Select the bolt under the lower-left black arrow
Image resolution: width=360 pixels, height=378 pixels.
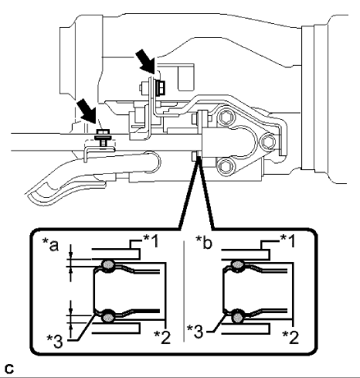[x=101, y=138]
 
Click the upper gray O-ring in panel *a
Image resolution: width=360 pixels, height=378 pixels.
[x=107, y=266]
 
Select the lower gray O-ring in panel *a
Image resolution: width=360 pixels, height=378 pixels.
[x=107, y=315]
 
